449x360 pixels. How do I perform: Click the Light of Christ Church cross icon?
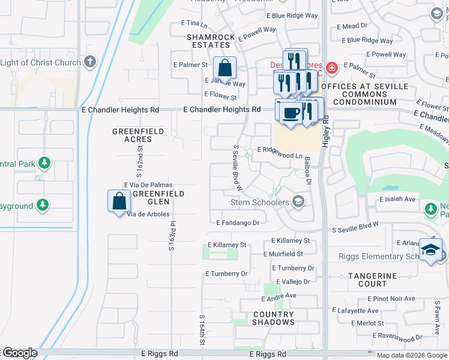click(90, 61)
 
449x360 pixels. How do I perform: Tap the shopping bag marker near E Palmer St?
click(224, 68)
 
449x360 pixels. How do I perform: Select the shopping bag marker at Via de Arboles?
click(119, 201)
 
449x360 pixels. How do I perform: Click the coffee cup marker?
click(291, 113)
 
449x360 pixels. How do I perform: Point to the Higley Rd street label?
click(326, 128)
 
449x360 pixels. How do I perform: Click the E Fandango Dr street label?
click(238, 223)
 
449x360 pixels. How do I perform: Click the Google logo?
click(19, 353)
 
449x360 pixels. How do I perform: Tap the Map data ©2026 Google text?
click(412, 355)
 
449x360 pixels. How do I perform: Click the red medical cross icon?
click(332, 67)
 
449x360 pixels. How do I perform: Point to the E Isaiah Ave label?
click(397, 199)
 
